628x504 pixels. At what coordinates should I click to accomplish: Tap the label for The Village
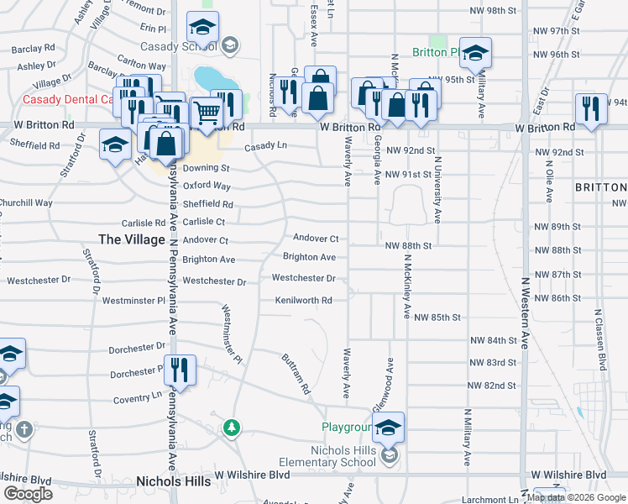click(x=132, y=239)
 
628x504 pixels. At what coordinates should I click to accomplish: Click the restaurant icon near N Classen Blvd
click(x=591, y=109)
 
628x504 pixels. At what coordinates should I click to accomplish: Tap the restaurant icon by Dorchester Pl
click(x=179, y=370)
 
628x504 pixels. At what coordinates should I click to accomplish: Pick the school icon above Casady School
click(x=202, y=29)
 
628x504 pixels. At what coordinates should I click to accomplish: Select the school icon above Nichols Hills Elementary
click(x=388, y=428)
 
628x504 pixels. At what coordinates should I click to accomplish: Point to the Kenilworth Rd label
click(x=304, y=300)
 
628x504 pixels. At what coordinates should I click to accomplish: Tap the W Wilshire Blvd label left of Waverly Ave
click(x=252, y=475)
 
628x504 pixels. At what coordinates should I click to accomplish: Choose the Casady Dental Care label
click(x=67, y=99)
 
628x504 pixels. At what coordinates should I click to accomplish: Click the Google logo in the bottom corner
click(x=28, y=494)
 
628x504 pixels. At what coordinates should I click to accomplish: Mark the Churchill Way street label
click(x=26, y=202)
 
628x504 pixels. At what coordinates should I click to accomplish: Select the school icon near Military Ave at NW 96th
click(x=475, y=55)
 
